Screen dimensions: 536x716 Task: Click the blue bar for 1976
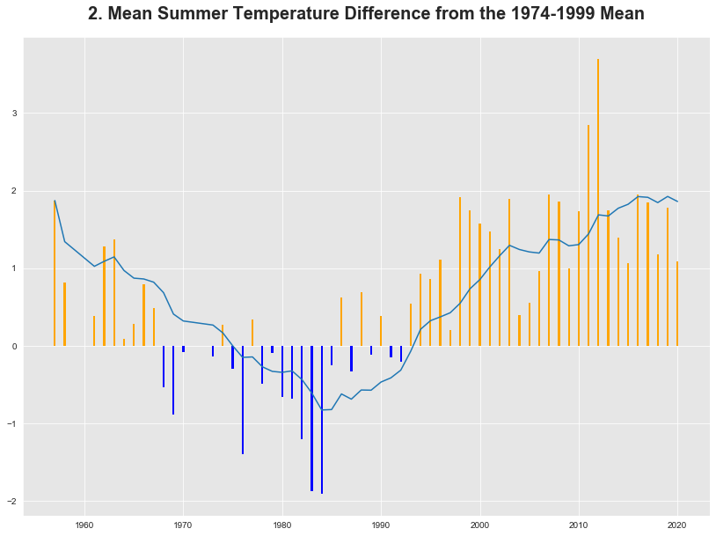(x=243, y=400)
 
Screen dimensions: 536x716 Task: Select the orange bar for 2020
(x=677, y=304)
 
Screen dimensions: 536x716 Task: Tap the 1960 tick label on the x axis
(x=84, y=526)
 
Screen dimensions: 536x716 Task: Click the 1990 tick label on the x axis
(x=381, y=526)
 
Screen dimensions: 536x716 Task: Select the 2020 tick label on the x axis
(x=677, y=526)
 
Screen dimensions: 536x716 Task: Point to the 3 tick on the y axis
(x=14, y=114)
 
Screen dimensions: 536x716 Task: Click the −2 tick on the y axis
(x=12, y=502)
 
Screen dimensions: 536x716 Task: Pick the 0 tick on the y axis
(x=14, y=347)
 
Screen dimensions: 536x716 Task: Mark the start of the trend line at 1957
(x=55, y=201)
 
